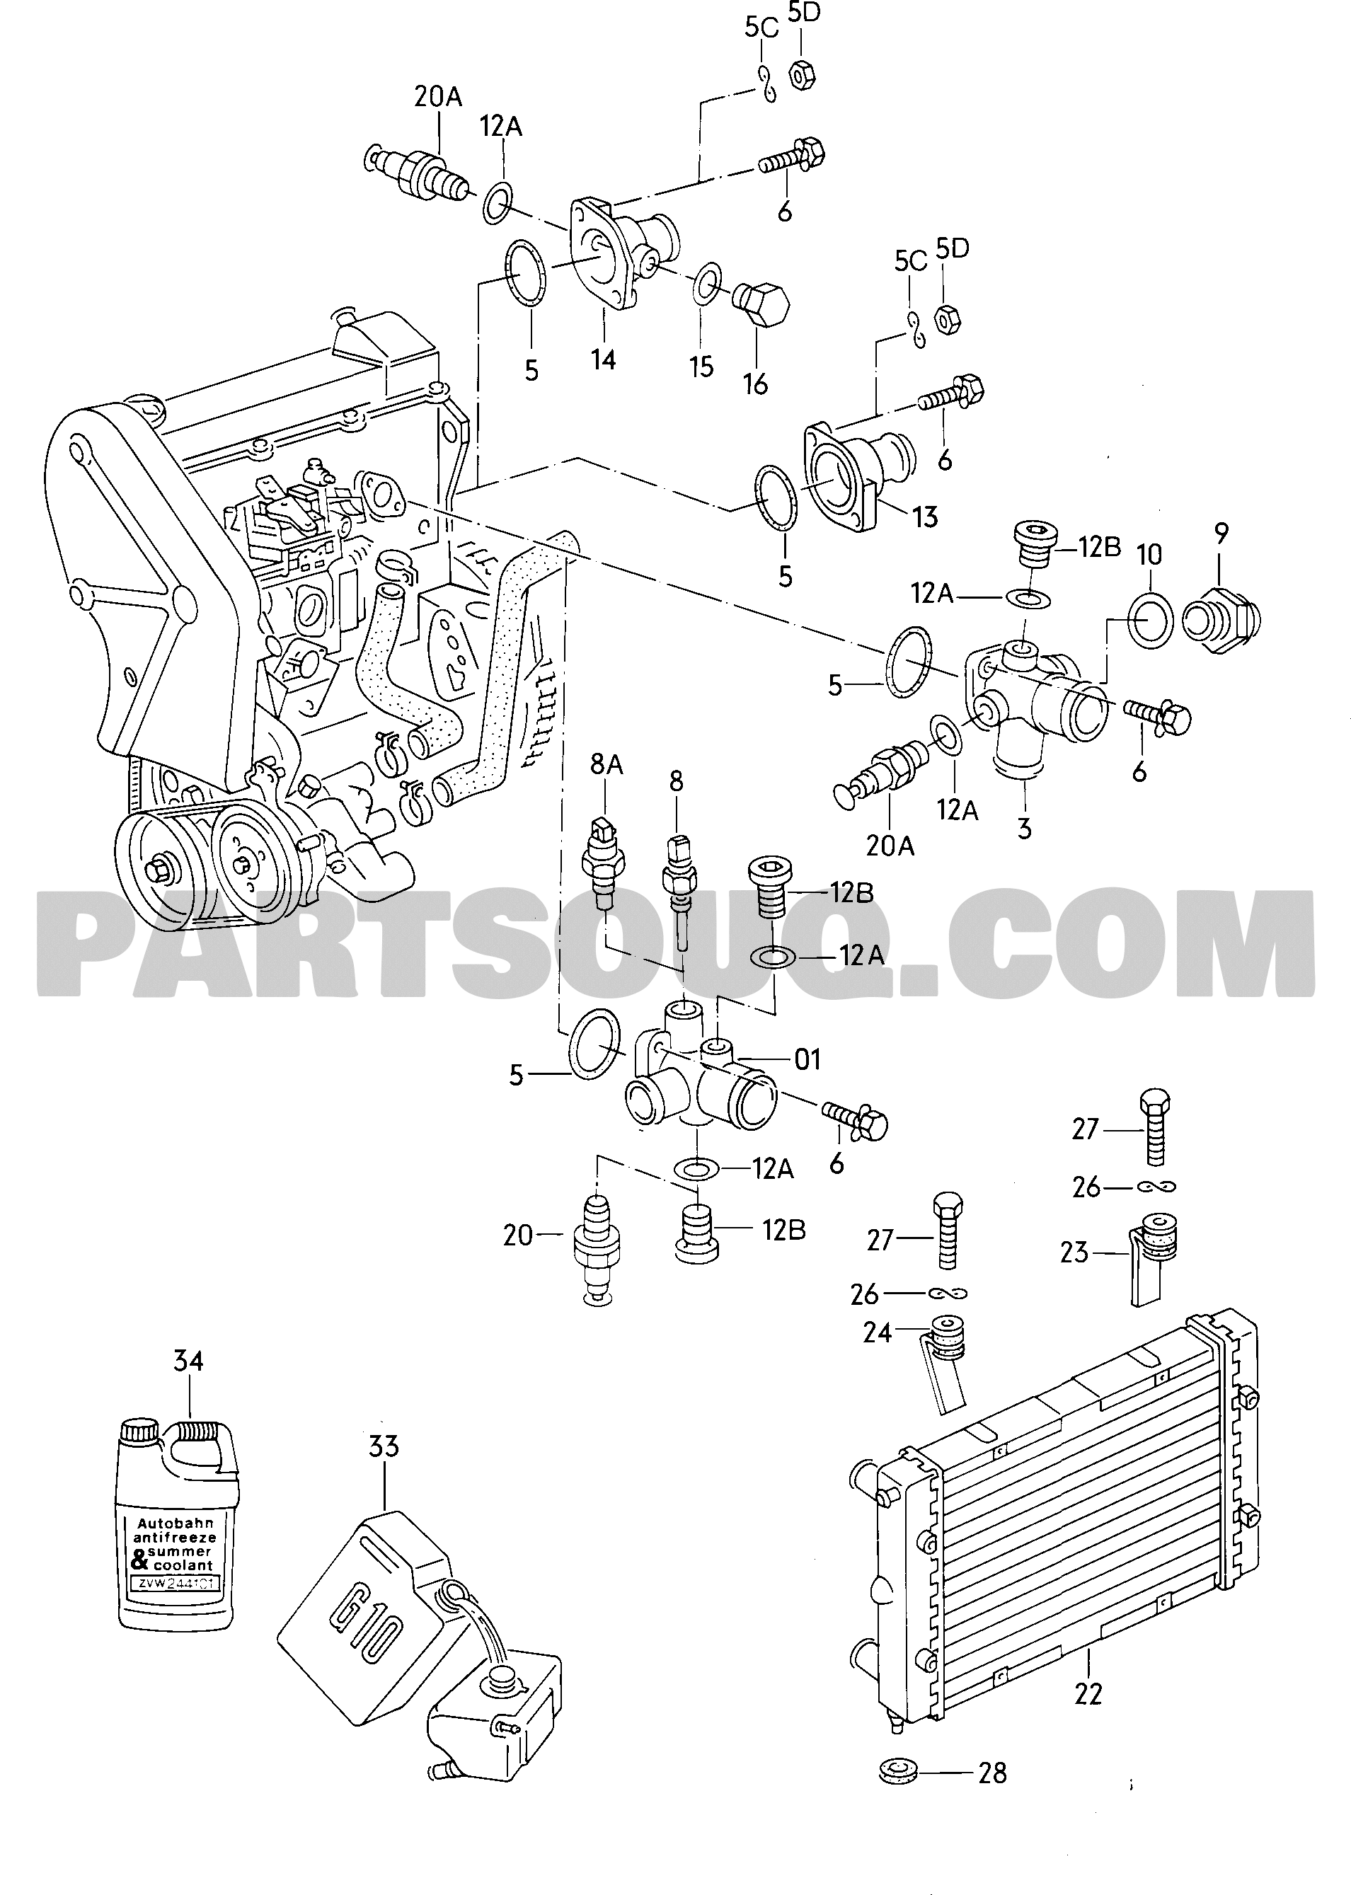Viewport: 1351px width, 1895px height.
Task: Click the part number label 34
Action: tap(188, 1361)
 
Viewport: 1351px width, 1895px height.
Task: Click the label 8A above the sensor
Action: tap(606, 764)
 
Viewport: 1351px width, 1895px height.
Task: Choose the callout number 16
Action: tap(755, 384)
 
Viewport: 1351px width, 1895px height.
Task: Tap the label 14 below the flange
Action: tap(603, 359)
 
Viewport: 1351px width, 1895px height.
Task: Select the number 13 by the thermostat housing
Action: tap(925, 517)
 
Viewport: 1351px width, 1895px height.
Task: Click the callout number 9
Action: tap(1220, 534)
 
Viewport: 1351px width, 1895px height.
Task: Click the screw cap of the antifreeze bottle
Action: tap(139, 1432)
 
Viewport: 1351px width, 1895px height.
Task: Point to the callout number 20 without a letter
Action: tap(517, 1236)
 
